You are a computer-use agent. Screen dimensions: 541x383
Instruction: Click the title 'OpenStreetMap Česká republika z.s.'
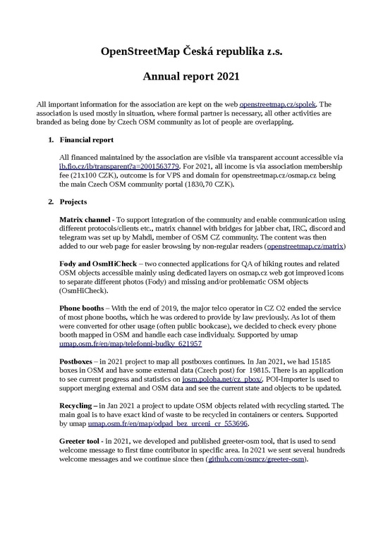click(x=191, y=52)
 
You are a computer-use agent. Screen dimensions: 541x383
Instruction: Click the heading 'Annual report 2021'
click(x=191, y=75)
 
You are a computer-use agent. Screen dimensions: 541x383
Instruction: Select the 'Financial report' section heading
click(x=87, y=140)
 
